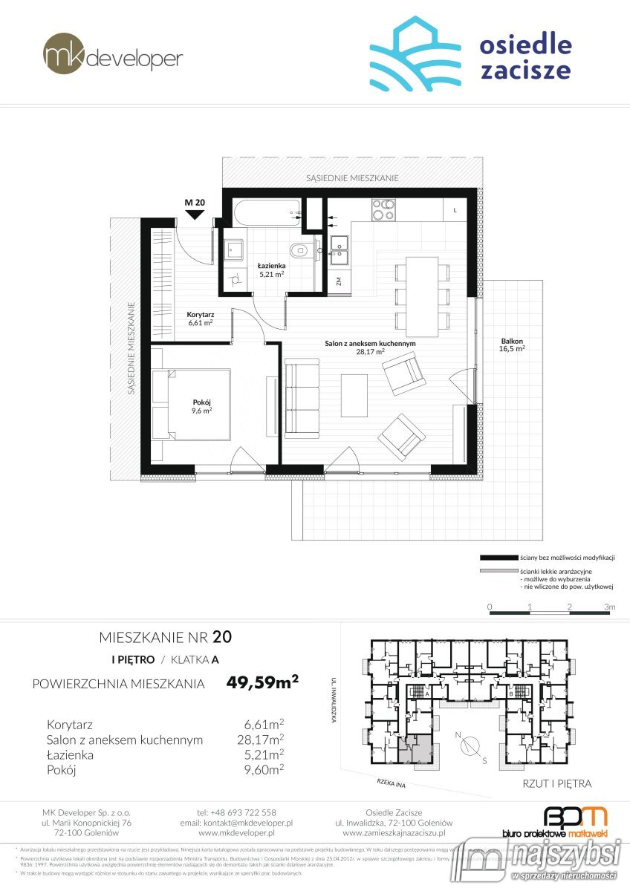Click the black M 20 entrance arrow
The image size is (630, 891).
coord(194,215)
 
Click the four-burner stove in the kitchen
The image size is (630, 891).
coord(384,209)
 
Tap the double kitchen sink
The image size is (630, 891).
coord(340,249)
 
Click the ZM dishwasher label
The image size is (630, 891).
coord(339,281)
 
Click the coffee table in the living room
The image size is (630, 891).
coord(354,396)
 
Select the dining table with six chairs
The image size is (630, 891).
coord(423,295)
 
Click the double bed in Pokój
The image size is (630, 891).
coord(192,405)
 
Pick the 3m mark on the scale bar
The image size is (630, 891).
coord(610,607)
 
